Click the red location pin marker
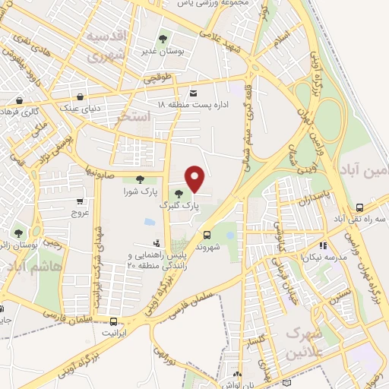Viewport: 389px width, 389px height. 196,179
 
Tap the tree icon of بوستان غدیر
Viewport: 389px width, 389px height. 163,38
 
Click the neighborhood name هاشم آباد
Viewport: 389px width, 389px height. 29,265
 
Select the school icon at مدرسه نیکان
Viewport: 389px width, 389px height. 322,245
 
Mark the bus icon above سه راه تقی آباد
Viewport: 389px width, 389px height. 359,207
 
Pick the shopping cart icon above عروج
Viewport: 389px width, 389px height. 80,202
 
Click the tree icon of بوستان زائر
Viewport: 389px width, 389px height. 17,232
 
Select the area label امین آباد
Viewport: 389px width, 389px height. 364,169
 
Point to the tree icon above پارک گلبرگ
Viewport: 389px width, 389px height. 179,193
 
